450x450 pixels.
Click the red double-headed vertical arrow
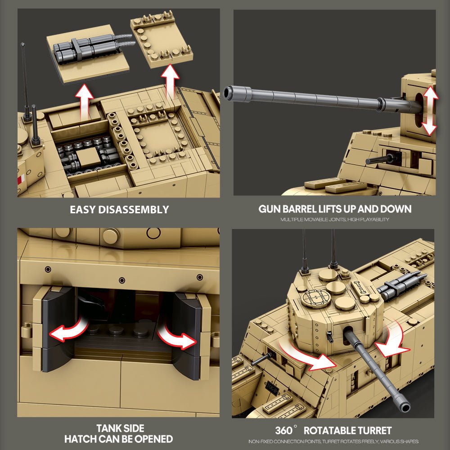pos(428,111)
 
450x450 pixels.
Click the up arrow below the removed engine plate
pos(84,101)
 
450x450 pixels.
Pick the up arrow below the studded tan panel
pos(170,81)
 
